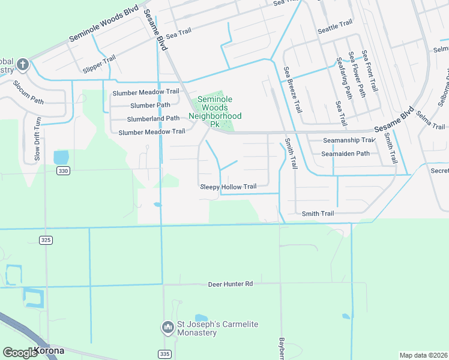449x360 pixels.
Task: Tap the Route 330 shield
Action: click(63, 171)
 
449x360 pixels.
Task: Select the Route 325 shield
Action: click(46, 240)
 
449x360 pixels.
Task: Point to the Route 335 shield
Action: click(164, 354)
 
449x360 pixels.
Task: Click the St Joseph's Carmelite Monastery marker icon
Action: click(167, 328)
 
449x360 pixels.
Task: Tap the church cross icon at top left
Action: click(23, 64)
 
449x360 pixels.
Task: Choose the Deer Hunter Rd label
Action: click(231, 283)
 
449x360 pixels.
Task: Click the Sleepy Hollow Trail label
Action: click(228, 187)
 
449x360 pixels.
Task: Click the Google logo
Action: click(20, 353)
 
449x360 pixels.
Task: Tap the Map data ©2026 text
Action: click(423, 355)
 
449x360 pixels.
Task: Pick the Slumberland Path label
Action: click(153, 118)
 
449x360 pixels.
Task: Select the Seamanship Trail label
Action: click(349, 140)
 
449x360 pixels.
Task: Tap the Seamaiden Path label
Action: click(345, 153)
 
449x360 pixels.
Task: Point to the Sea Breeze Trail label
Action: click(292, 90)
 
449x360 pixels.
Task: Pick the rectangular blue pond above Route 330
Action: click(61, 157)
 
